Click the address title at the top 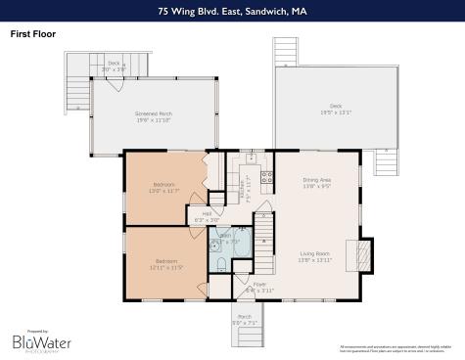coord(232,12)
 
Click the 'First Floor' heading coord(33,34)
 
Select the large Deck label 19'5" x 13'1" coord(336,109)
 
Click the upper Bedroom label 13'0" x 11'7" coord(163,187)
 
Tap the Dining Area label coord(316,183)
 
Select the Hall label coord(207,216)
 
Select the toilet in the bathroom coord(222,265)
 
